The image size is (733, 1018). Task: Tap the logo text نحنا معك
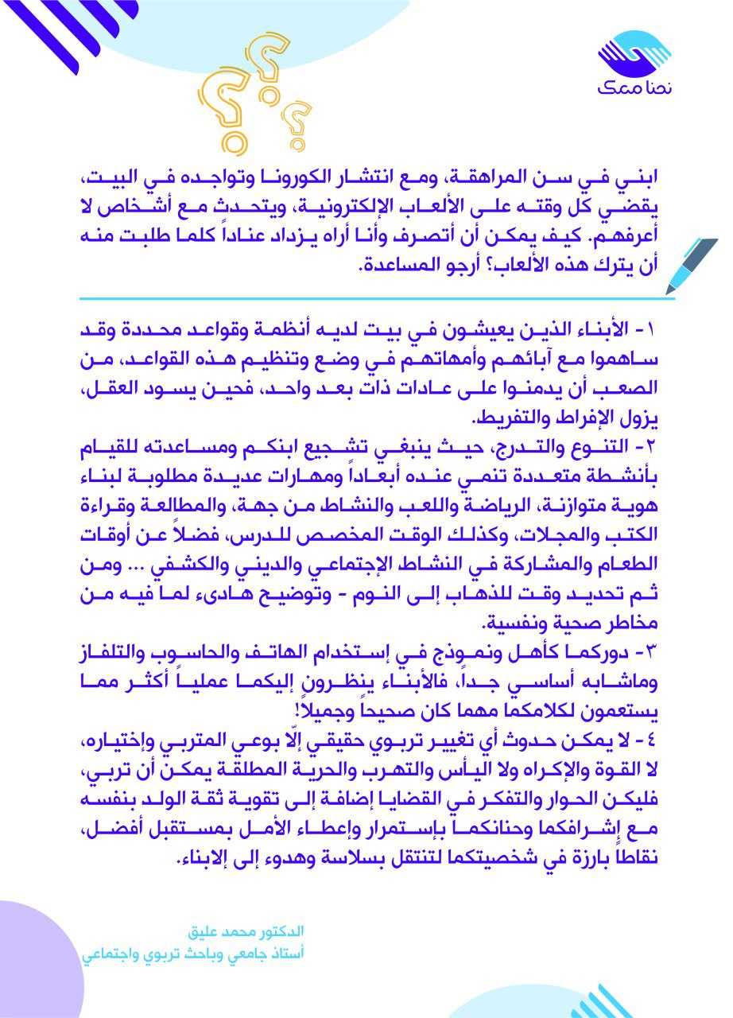pyautogui.click(x=634, y=87)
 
